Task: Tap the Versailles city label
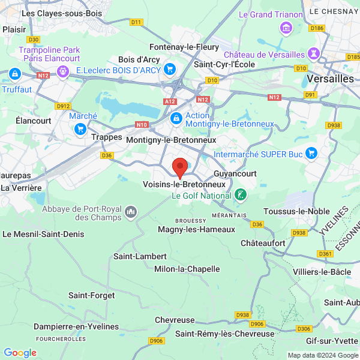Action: point(330,79)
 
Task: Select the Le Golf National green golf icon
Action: point(240,194)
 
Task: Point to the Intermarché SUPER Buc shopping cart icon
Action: point(311,154)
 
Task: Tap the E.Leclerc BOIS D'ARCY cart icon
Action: point(170,70)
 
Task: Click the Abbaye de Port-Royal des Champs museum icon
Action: point(131,212)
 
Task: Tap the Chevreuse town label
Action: point(175,320)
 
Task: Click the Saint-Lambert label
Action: point(136,256)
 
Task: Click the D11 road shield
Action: point(137,22)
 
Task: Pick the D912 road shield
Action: point(63,106)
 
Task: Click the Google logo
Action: point(20,353)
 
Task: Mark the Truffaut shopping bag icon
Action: point(15,74)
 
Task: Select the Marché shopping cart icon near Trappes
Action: point(80,128)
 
